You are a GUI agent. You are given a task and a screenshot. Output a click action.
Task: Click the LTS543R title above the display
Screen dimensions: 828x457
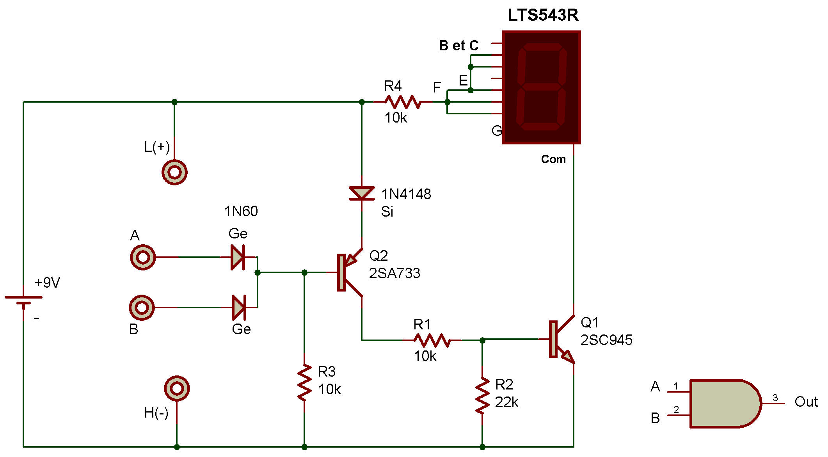(543, 15)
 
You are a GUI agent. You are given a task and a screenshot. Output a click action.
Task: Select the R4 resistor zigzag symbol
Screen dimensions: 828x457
(403, 102)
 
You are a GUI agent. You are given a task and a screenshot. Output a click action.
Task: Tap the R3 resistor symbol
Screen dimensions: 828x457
(304, 382)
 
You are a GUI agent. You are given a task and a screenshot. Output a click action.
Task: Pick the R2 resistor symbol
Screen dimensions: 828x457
(482, 395)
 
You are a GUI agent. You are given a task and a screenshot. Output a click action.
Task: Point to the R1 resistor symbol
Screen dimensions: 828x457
(432, 340)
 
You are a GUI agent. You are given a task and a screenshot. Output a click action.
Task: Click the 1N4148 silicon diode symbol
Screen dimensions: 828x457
(362, 194)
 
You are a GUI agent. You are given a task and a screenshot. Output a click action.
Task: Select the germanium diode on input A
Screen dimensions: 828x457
(238, 257)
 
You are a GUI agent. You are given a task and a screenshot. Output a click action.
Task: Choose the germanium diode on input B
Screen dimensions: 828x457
(238, 308)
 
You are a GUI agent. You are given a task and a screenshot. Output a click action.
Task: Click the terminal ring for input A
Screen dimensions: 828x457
(143, 257)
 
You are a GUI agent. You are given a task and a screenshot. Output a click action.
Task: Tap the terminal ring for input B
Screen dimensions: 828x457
(142, 308)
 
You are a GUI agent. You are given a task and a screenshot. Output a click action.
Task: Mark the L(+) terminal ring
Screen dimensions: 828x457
(174, 172)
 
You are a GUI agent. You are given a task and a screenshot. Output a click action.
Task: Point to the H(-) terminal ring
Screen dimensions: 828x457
(177, 389)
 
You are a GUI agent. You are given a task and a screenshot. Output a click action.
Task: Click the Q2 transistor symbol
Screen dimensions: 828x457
(349, 272)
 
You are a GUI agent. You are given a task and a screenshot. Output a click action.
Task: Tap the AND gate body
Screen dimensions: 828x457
(725, 403)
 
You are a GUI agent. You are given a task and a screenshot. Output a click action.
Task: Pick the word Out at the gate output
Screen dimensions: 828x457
(806, 402)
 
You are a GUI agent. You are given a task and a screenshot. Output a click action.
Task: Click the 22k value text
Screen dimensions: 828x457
(506, 402)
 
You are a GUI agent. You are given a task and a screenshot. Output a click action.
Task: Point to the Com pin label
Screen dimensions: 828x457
(553, 159)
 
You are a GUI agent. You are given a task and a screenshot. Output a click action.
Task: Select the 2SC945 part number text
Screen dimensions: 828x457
(606, 340)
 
